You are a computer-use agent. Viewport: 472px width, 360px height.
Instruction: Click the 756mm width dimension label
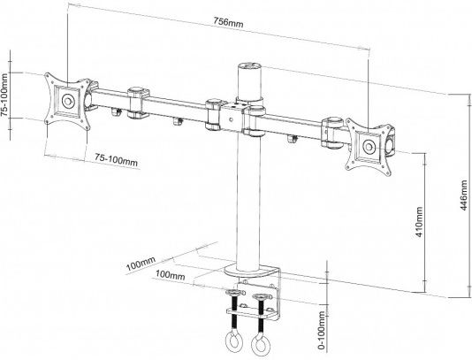pos(228,22)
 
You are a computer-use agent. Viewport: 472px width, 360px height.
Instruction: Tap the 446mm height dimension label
pos(464,195)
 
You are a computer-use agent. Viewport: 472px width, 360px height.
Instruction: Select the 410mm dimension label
pos(419,222)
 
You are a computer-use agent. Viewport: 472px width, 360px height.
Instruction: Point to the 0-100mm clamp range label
pos(322,331)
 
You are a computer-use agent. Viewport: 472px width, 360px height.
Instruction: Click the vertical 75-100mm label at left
pos(4,95)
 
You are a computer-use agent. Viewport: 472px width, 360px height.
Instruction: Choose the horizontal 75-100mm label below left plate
pos(116,160)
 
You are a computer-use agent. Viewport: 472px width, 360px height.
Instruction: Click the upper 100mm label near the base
pos(141,264)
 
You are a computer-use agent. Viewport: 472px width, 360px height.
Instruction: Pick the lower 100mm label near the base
pos(170,275)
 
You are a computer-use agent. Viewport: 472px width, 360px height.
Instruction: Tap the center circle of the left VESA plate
pos(68,101)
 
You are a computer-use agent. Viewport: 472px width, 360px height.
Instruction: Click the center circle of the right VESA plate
pos(369,147)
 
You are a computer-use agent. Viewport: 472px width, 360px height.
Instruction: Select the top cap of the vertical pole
pos(249,66)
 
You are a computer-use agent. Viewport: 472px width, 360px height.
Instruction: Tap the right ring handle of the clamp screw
pos(260,345)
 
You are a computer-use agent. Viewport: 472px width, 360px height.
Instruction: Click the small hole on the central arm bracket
pos(231,119)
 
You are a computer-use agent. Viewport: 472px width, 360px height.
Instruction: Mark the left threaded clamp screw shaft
pos(235,313)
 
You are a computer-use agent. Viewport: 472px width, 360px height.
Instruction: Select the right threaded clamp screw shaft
pos(261,315)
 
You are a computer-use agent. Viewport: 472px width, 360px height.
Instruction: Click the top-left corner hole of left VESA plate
pos(48,75)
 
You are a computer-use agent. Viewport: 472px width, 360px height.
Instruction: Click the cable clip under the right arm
pos(292,139)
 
